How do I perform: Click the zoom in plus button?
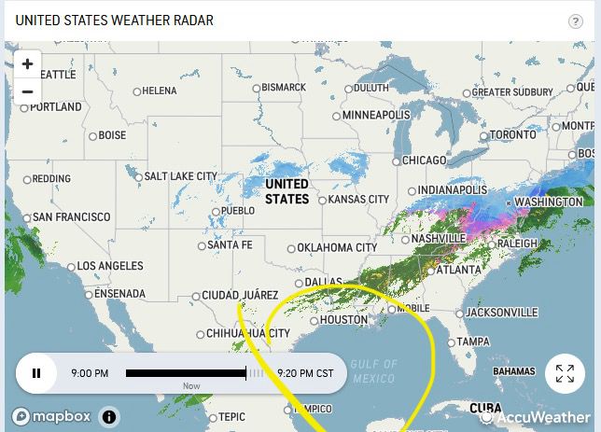(28, 64)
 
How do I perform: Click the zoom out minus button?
(28, 91)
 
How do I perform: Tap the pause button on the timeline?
(36, 373)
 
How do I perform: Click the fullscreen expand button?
(565, 374)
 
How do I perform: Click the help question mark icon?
(575, 21)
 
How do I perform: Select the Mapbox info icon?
(109, 417)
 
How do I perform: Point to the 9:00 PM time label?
(90, 373)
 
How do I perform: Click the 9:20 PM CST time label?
(305, 373)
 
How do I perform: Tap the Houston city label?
(343, 320)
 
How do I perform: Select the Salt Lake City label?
(180, 175)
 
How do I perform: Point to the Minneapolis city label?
(376, 115)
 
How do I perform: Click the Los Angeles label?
(111, 266)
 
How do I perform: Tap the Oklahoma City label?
(338, 247)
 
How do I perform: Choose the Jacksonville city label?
(502, 312)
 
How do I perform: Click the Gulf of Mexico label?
(373, 370)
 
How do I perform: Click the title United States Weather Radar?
(115, 21)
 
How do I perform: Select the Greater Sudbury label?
(512, 92)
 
